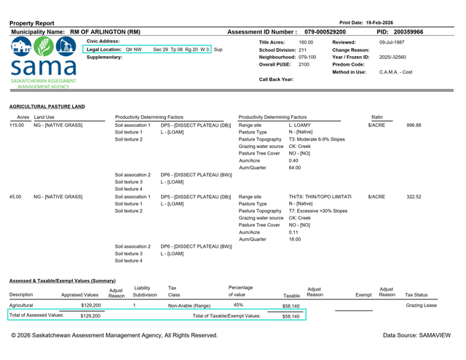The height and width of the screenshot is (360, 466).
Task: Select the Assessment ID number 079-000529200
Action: click(x=325, y=33)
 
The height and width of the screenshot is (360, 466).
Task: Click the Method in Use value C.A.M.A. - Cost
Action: click(x=395, y=71)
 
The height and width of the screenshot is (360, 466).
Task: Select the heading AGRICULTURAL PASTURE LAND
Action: click(x=47, y=106)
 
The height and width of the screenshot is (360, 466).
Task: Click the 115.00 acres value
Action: click(x=17, y=125)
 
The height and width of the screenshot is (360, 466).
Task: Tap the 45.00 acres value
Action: click(x=16, y=197)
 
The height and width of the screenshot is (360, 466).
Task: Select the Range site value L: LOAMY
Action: click(x=301, y=125)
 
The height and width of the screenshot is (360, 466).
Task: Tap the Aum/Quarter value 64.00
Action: click(x=295, y=168)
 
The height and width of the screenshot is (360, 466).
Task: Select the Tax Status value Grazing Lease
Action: click(x=421, y=305)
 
